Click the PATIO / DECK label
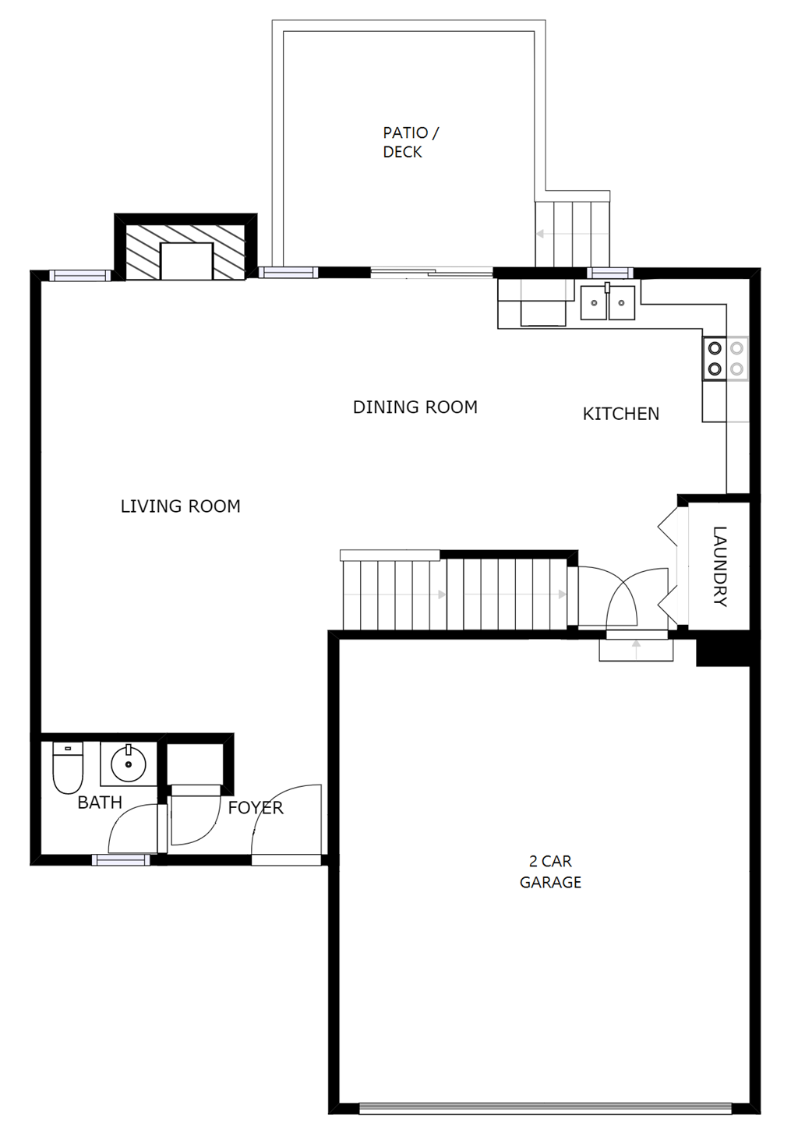(x=410, y=143)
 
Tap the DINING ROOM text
(x=415, y=407)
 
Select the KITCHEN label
(x=620, y=414)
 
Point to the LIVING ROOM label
(x=180, y=506)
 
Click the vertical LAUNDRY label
(x=719, y=566)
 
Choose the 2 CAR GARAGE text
(x=550, y=872)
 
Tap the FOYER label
(x=255, y=808)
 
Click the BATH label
(x=100, y=803)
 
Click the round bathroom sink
(x=128, y=764)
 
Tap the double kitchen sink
(x=608, y=302)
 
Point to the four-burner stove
(x=726, y=358)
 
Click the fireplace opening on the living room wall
(x=186, y=261)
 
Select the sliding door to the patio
(x=431, y=272)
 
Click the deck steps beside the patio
(x=572, y=233)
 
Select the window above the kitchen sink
(x=609, y=273)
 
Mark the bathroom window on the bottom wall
(x=121, y=860)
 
